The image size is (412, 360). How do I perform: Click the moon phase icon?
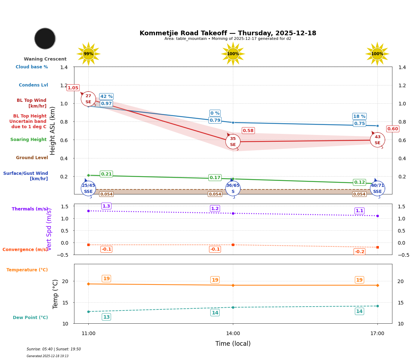point(45,38)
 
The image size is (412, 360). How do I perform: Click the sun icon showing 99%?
point(88,54)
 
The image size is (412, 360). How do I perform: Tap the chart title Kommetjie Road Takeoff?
point(228,33)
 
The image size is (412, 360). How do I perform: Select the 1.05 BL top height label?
point(73,88)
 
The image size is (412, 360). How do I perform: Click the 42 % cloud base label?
point(106,96)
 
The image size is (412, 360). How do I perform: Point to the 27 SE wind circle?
point(88,99)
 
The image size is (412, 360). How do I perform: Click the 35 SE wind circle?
point(233,142)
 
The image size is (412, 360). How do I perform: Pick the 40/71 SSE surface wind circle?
point(377,188)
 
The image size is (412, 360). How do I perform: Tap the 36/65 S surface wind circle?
point(233,188)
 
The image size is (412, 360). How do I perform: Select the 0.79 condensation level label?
point(215,120)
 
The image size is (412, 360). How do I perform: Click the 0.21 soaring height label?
point(106,174)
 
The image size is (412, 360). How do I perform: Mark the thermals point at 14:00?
point(233,213)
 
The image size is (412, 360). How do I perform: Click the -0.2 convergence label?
point(359,252)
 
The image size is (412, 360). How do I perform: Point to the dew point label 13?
point(106,317)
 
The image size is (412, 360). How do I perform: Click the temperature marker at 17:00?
point(377,285)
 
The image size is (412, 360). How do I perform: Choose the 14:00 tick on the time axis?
point(233,333)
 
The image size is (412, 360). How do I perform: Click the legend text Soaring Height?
point(28,140)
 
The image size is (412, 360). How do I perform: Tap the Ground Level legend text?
point(32,158)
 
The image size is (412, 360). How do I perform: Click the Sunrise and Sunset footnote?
point(54,349)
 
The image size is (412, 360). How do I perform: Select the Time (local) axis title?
point(233,344)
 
